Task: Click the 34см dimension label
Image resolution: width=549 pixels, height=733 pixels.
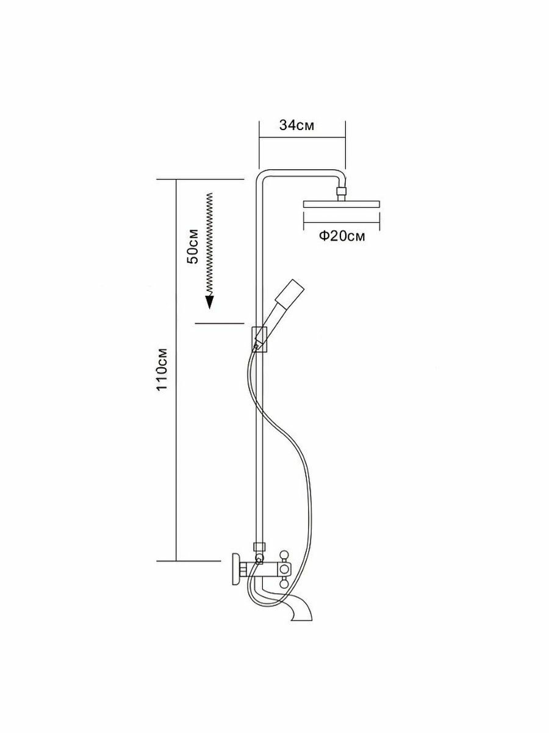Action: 296,126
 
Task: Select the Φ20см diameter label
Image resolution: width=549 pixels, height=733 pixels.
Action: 342,236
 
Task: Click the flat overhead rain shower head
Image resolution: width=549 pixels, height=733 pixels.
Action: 342,203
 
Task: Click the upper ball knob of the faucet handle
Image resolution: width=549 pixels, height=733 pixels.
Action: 283,555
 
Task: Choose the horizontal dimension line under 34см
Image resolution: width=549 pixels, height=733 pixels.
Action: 302,138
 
